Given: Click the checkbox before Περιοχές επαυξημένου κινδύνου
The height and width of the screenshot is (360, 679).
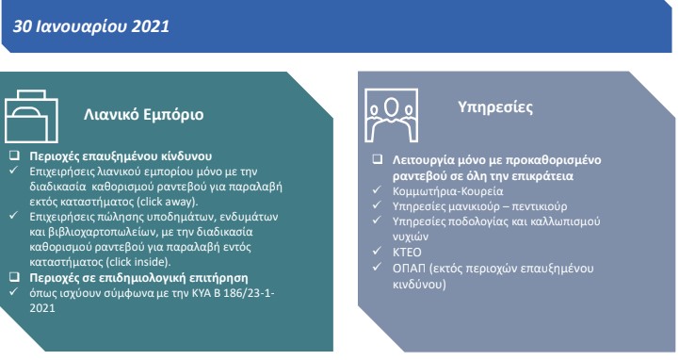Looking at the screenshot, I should click(x=14, y=153).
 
